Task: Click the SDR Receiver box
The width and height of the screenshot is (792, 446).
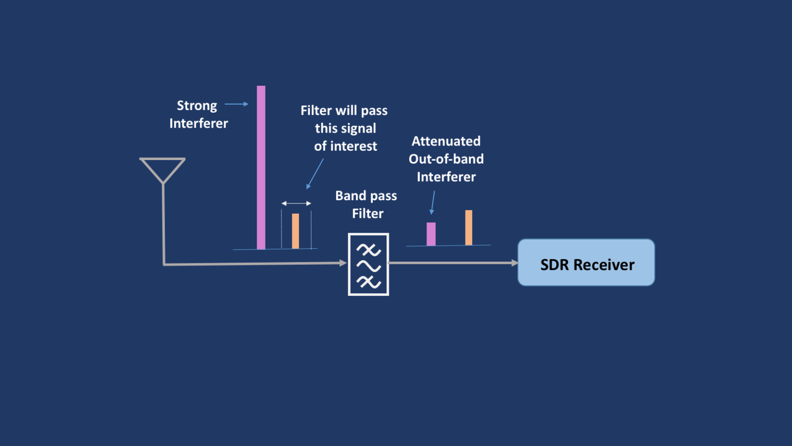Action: point(586,262)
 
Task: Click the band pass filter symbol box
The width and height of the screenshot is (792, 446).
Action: point(368,264)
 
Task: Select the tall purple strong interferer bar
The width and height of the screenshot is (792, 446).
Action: point(261,167)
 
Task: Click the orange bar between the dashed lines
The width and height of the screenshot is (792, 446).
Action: point(295,231)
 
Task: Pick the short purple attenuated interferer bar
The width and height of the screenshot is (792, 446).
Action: point(431,234)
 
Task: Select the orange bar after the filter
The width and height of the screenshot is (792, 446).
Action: point(469,227)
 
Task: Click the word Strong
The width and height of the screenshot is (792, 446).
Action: point(197,105)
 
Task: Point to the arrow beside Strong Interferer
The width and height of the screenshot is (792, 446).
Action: point(237,104)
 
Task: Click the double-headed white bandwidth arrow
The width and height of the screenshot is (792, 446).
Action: point(296,203)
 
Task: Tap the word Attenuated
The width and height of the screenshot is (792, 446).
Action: point(446,141)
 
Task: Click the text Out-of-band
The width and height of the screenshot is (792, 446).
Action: point(446,159)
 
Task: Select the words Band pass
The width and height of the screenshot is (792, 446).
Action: point(366,196)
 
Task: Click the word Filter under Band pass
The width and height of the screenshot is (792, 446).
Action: point(368,214)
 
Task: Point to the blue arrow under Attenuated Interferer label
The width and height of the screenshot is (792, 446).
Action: point(433,202)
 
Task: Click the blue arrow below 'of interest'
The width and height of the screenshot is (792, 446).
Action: point(315,173)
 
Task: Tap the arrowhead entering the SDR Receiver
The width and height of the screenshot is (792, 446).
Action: point(514,263)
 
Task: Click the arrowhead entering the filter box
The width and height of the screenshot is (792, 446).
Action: point(343,263)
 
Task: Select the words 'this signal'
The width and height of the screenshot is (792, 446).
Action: point(345,129)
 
